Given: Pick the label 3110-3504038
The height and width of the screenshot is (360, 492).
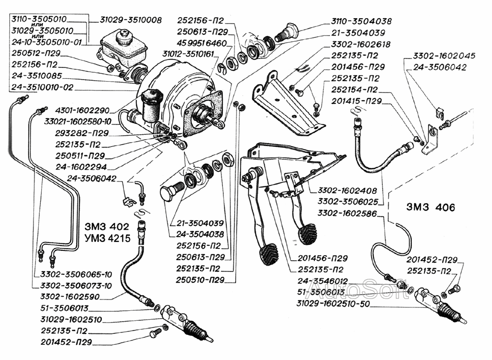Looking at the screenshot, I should click(362, 22).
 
